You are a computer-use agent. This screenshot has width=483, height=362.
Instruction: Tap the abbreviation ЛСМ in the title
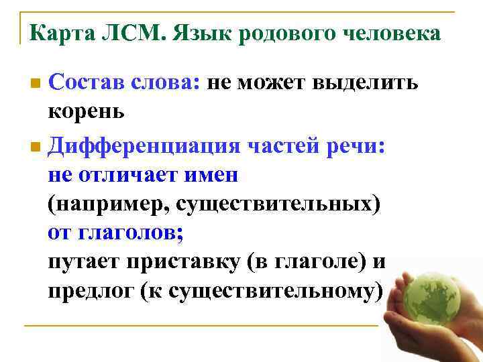point(133,33)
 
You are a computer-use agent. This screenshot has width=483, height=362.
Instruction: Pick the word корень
point(87,111)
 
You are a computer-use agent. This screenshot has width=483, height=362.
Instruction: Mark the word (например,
point(107,204)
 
